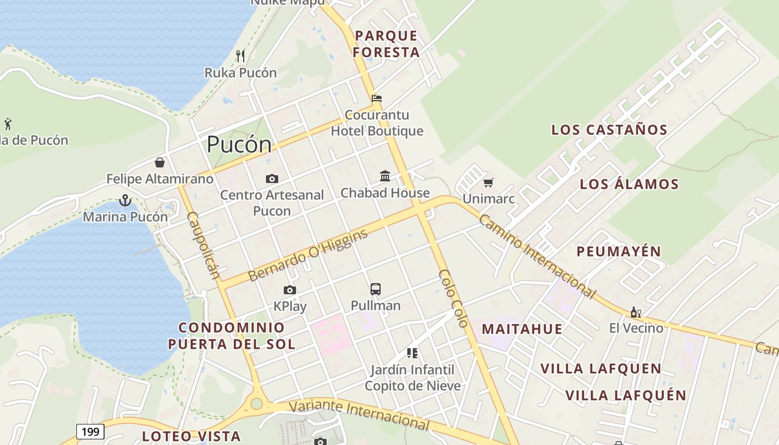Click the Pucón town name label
coord(239,145)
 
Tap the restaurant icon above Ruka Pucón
coord(240,56)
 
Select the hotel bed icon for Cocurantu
coord(377,98)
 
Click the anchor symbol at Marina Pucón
coord(125,200)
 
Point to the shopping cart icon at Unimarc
coord(489,182)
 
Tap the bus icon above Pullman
coord(376,289)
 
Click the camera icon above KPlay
coord(289,290)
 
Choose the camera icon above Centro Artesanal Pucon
coord(272,179)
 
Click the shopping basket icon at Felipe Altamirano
coord(160,162)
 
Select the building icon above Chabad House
coord(384,176)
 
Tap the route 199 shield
coord(90,431)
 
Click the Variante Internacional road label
coord(359,414)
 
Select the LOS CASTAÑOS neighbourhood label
coord(609,130)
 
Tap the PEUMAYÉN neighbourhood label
coord(619,251)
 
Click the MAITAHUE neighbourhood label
coord(522,329)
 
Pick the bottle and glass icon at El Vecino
coord(635,312)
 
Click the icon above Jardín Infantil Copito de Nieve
coord(412,353)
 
